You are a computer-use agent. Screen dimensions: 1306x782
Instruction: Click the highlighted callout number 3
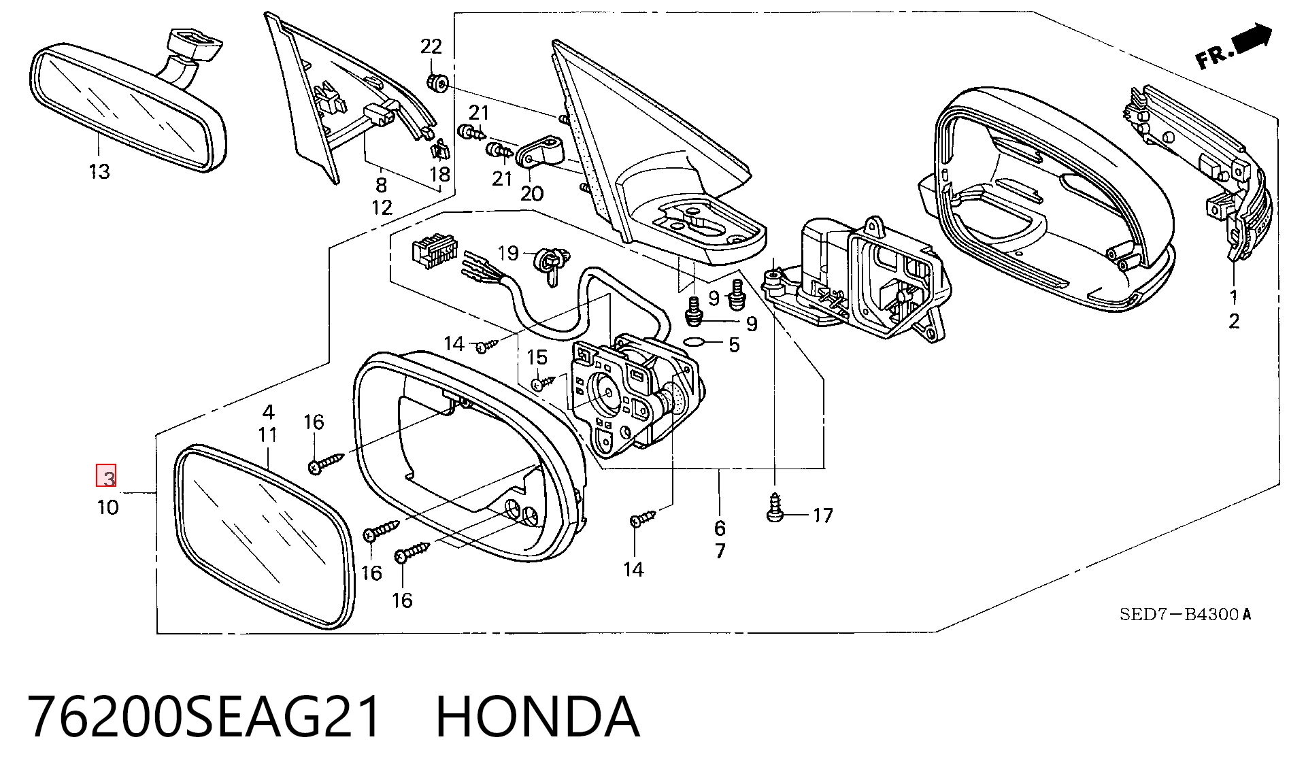pos(107,476)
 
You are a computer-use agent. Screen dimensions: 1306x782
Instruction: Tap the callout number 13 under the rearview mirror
pos(99,171)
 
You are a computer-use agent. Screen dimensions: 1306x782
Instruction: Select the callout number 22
pos(431,46)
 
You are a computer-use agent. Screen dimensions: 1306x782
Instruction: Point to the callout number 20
pos(532,194)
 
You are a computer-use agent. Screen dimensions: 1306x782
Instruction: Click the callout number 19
pos(508,254)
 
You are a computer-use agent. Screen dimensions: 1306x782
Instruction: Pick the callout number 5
pos(734,345)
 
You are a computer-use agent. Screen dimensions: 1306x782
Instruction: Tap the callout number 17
pos(823,515)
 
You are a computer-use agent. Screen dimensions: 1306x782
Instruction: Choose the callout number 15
pos(537,357)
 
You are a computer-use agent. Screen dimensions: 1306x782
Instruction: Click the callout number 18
pos(440,174)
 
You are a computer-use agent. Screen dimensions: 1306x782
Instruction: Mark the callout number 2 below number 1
pos(1234,321)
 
